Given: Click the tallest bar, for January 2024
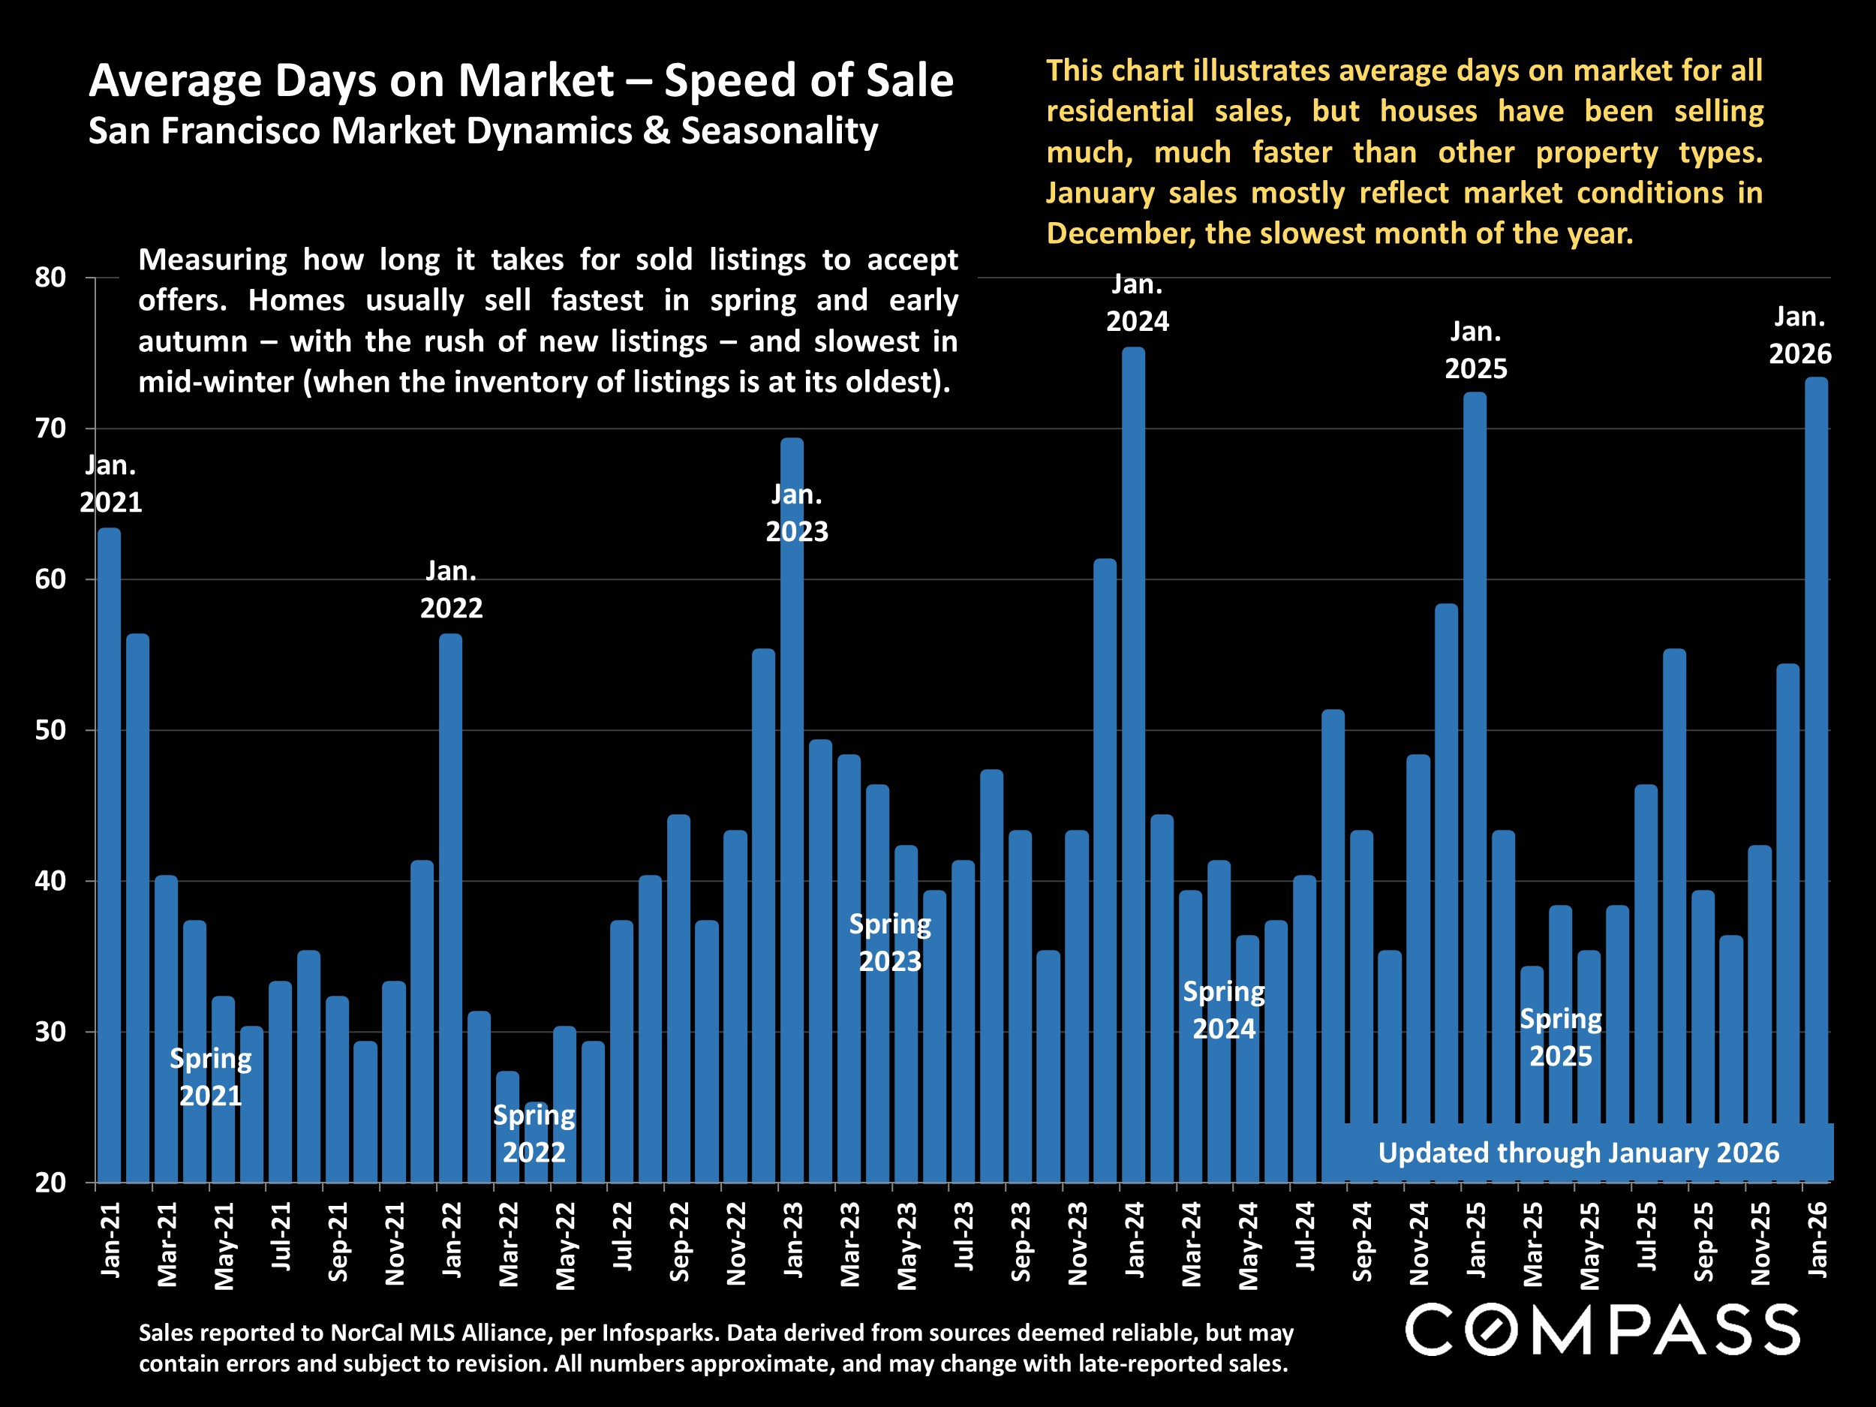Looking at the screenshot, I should [x=1133, y=763].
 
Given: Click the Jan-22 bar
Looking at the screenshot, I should [x=450, y=907].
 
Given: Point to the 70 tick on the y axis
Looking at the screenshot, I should [x=51, y=428].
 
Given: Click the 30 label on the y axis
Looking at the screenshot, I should [x=51, y=1032].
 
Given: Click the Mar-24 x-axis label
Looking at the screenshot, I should [x=1191, y=1243].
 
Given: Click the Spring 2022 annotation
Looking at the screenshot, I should [x=534, y=1133].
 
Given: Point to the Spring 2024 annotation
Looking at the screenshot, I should [x=1224, y=1010].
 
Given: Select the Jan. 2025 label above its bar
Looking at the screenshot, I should [x=1476, y=350].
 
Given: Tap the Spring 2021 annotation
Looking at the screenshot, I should [x=210, y=1077].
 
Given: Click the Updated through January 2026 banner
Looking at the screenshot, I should [x=1578, y=1153].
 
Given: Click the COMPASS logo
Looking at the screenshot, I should [x=1602, y=1330].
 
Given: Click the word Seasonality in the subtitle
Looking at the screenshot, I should [x=780, y=131].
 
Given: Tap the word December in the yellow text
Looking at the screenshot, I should [x=1120, y=233].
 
